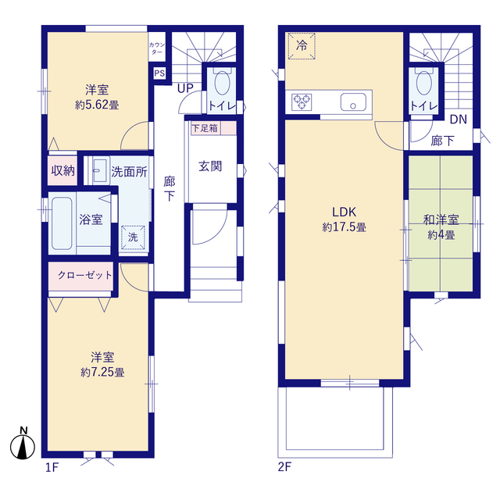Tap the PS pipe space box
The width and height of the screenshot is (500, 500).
[x=159, y=73]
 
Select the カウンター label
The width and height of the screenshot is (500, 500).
[x=157, y=48]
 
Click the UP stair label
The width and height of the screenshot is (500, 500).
[x=185, y=88]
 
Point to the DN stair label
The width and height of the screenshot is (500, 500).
[x=459, y=120]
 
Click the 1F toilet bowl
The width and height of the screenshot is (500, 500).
[x=222, y=83]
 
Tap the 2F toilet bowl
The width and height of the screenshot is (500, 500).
[x=424, y=83]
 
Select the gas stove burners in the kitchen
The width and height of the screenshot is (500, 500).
[x=302, y=102]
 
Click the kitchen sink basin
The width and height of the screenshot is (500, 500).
[x=353, y=102]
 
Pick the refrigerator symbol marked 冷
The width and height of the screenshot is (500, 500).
[x=302, y=46]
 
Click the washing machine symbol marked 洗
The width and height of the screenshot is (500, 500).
[x=133, y=237]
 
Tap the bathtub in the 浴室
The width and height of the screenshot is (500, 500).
[x=62, y=223]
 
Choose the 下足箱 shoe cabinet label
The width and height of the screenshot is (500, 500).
[x=205, y=128]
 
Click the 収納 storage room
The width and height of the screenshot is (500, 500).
[x=62, y=170]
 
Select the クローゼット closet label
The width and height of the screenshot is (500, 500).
[x=85, y=275]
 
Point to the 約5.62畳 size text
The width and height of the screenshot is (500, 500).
[x=97, y=105]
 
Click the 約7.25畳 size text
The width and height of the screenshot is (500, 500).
[x=102, y=372]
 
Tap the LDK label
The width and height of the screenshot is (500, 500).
[x=344, y=212]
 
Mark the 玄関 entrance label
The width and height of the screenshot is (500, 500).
[x=210, y=166]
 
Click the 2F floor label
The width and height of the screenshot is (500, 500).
[x=284, y=467]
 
